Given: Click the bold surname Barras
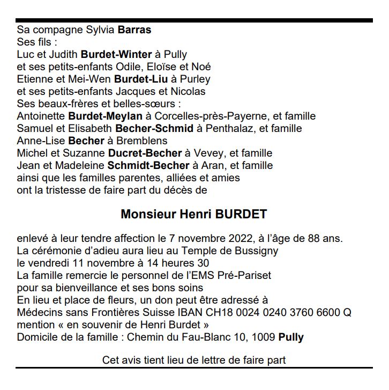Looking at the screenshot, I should (134, 30).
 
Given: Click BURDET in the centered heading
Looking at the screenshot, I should (241, 215).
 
